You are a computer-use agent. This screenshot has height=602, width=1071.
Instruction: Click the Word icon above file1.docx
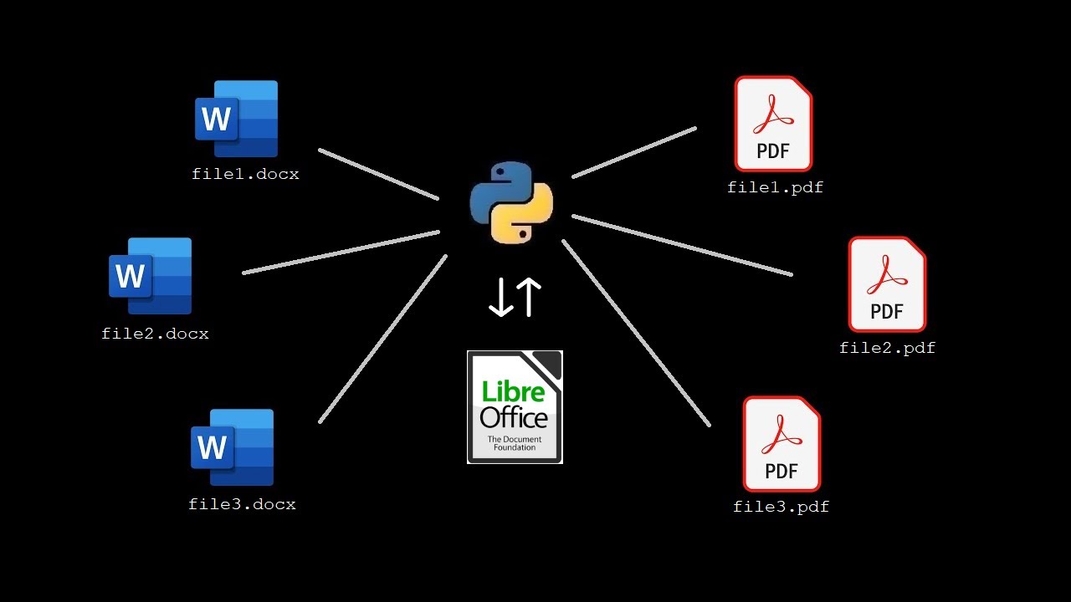point(237,119)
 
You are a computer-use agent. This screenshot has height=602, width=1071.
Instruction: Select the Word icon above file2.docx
point(151,276)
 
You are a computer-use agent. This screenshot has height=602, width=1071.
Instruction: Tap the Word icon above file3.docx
point(233,447)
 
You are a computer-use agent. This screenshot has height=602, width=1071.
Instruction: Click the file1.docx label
point(245,175)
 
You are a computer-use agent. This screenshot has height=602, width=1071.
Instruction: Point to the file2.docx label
point(155,334)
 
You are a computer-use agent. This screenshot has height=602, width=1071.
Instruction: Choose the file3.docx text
point(242,504)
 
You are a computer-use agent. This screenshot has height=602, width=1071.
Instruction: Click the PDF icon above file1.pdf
point(773,124)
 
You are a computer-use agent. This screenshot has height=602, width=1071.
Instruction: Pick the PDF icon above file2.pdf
point(887,284)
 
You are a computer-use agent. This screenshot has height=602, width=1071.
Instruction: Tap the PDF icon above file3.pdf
point(781,444)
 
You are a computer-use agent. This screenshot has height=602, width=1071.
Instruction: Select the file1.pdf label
point(775,187)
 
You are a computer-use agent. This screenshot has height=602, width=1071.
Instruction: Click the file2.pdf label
point(887,348)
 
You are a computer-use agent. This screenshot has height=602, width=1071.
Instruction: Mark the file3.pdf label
point(781,507)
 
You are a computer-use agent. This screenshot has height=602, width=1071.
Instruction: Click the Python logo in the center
point(511,202)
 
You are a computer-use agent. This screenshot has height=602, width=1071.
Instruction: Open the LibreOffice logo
point(515,407)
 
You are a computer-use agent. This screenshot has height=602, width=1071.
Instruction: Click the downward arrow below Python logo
point(500,298)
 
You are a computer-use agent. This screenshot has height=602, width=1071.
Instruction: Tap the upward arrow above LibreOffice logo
point(529,298)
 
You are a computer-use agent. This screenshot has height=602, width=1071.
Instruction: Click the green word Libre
point(512,391)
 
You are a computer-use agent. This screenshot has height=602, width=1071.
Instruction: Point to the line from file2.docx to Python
point(341,252)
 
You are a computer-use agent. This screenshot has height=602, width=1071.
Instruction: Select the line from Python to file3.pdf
point(636,333)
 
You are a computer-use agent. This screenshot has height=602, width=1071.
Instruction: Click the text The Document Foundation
point(514,443)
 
